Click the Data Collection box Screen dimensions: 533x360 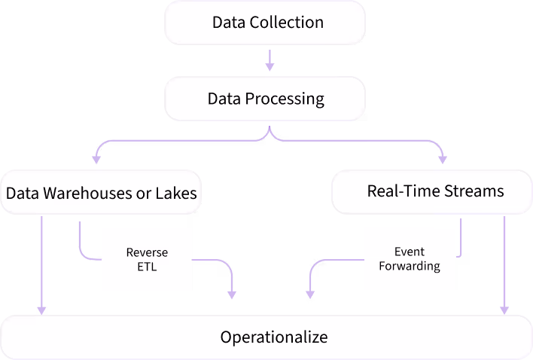(265, 23)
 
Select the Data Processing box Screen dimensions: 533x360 (265, 99)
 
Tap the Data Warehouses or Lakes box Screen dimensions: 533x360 (101, 192)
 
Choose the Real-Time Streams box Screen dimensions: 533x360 (432, 192)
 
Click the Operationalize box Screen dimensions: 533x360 (266, 337)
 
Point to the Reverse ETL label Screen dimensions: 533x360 (147, 259)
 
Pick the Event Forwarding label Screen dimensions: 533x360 (410, 258)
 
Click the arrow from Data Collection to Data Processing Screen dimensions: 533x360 (270, 60)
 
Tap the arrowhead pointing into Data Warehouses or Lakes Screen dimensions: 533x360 (96, 160)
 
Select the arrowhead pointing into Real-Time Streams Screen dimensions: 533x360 (443, 160)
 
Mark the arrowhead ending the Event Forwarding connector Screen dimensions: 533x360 (310, 294)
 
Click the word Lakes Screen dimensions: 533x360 (176, 193)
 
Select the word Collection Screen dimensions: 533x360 (287, 23)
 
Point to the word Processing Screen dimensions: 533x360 (285, 99)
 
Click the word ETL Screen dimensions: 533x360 (147, 267)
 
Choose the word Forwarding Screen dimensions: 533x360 (410, 266)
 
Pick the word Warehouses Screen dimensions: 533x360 (87, 193)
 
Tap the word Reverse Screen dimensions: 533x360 (147, 252)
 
